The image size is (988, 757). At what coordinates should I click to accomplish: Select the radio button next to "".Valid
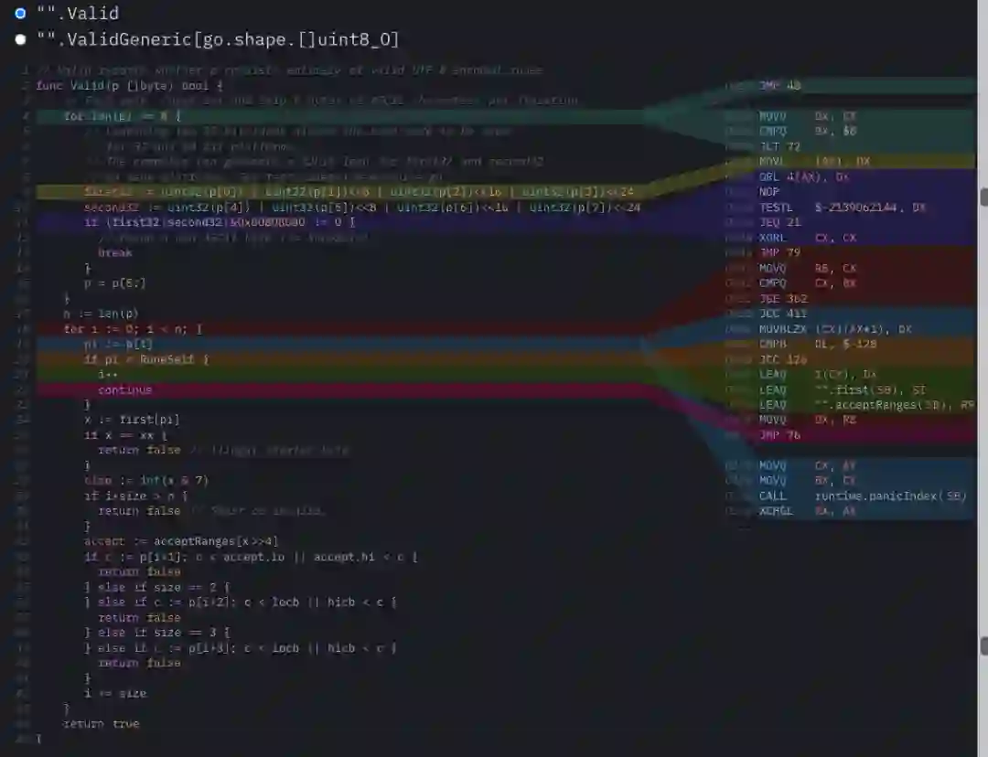point(20,14)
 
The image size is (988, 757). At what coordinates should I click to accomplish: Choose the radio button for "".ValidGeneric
point(20,40)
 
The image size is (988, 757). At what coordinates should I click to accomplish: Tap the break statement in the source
point(115,252)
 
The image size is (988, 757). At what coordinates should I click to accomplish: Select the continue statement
point(124,389)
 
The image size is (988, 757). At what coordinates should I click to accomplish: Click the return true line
point(101,723)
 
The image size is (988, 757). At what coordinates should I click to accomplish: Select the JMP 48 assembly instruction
point(779,86)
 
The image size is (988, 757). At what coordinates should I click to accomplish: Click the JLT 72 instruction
point(779,146)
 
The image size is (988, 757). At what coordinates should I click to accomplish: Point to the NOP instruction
point(769,192)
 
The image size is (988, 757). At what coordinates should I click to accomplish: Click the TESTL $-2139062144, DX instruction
point(842,208)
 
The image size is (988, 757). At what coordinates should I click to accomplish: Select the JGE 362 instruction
point(783,298)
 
